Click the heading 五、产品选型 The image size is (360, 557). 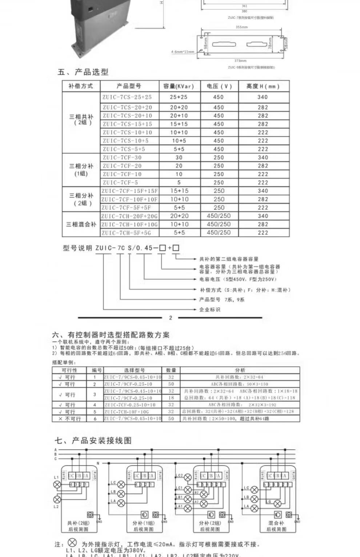click(83, 72)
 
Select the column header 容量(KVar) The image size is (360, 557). click(179, 86)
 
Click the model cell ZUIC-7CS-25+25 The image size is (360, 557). click(127, 97)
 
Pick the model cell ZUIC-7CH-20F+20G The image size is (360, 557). click(129, 216)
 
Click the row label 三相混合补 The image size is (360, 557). click(81, 225)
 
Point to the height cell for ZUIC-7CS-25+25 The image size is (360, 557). click(263, 97)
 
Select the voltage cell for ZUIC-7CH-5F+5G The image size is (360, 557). click(219, 233)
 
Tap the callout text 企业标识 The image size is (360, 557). click(210, 310)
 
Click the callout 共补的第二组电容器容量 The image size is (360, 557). click(229, 259)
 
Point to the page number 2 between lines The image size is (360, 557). click(171, 318)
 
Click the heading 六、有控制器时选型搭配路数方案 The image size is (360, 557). click(111, 335)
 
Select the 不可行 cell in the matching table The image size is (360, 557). click(69, 419)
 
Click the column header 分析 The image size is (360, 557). click(240, 370)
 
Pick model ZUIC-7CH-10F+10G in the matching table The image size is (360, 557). click(127, 412)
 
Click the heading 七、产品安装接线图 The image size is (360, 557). click(93, 441)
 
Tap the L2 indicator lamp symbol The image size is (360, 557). click(57, 500)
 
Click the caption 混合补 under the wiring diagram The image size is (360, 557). click(276, 523)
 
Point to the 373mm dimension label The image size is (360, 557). click(240, 61)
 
